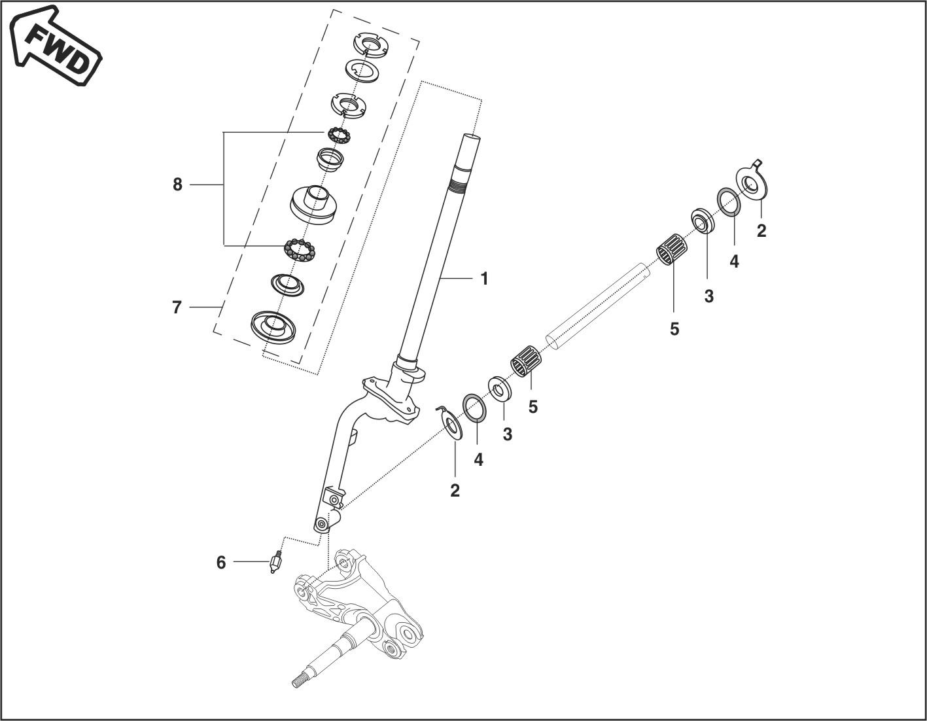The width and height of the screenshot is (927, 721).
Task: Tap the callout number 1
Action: coord(484,279)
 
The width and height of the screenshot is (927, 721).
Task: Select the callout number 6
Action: coord(221,562)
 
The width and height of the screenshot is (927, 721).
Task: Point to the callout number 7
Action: coord(177,307)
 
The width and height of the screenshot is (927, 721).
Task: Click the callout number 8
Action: coord(177,185)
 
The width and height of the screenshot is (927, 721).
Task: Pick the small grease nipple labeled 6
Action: coord(275,563)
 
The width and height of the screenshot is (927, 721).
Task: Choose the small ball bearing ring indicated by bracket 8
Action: coord(339,135)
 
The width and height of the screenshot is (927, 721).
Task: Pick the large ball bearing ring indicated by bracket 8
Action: coord(300,249)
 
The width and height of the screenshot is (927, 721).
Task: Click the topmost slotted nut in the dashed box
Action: coord(372,44)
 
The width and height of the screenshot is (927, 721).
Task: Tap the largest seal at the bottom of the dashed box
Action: coord(273,326)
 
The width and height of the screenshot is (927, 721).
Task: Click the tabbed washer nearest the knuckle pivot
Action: coord(451,422)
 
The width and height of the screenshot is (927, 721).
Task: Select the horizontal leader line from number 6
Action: coord(251,562)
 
